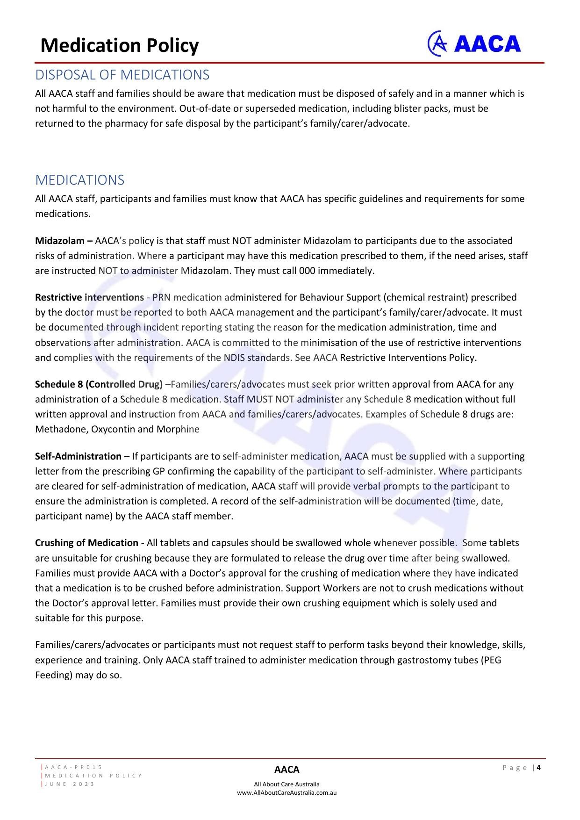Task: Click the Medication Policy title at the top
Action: coord(120,46)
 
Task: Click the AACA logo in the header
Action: coord(474,44)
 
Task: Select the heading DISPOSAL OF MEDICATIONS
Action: coord(122,75)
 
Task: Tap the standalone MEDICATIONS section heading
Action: coord(80,180)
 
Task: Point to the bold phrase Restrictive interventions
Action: coord(89,298)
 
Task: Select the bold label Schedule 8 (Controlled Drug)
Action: coord(99,385)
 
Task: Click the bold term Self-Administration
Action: coord(78,456)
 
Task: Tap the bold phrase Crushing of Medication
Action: coord(86,543)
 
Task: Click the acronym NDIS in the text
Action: coord(234,358)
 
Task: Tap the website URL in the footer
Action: coord(286,793)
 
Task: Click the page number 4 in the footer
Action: coord(539,768)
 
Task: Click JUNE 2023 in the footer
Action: coord(70,784)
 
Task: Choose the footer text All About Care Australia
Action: coord(286,784)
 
